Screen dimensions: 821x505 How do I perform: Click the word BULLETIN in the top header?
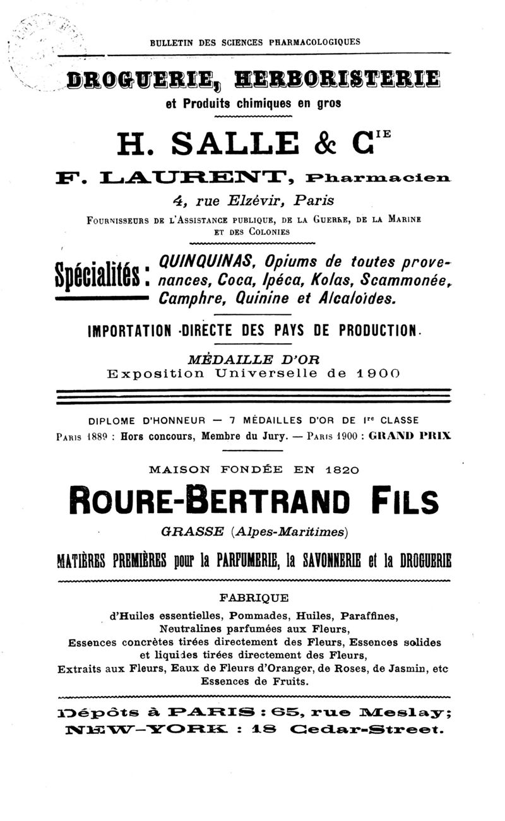coord(167,43)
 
